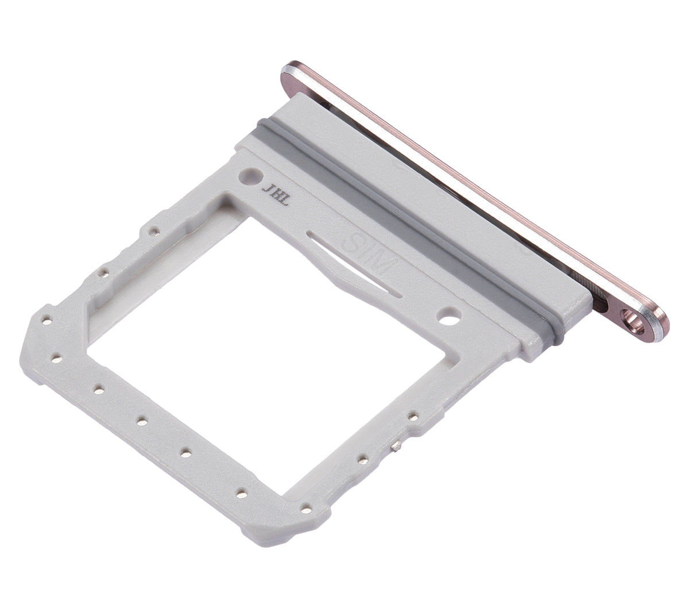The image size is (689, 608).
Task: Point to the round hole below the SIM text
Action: coord(448,316)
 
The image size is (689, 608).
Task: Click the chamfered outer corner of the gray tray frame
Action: coord(34,336)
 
